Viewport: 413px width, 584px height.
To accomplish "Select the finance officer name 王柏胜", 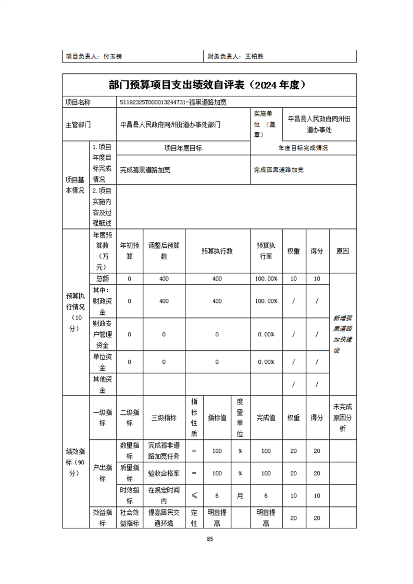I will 254,56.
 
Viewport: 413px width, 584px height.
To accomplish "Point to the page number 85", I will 210,539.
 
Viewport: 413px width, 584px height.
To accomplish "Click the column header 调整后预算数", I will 164,250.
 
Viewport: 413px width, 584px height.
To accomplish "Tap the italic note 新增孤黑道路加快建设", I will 343,334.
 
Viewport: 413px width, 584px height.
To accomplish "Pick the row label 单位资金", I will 103,362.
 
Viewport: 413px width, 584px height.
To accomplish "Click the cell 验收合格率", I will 164,473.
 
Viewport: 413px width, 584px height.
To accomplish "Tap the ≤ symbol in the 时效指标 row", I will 194,496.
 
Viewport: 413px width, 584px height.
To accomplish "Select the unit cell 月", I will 240,496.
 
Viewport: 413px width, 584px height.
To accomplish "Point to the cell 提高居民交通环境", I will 164,518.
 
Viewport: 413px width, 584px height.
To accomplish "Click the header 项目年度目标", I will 183,148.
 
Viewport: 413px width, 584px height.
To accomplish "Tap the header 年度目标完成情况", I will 303,148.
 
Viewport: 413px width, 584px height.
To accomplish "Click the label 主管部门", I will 78,124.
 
